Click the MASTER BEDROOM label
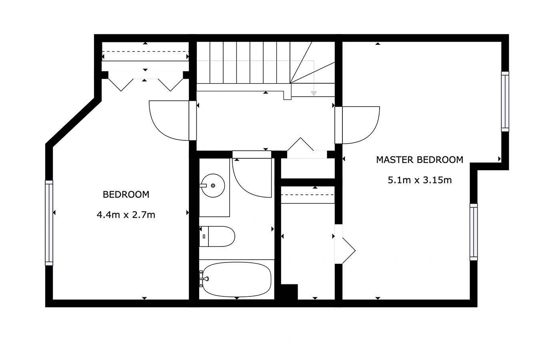point(420,160)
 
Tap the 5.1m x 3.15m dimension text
point(420,180)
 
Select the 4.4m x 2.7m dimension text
point(126,215)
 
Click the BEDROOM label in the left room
point(126,195)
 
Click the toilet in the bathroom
point(220,236)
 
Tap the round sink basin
point(213,186)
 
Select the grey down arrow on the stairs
point(314,92)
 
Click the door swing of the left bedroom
point(168,120)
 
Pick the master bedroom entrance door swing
point(360,124)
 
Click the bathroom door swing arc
point(252,178)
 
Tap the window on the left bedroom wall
point(49,222)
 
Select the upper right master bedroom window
point(505,101)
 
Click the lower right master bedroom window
point(474,232)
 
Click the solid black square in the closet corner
point(290,291)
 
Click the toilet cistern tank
point(204,236)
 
